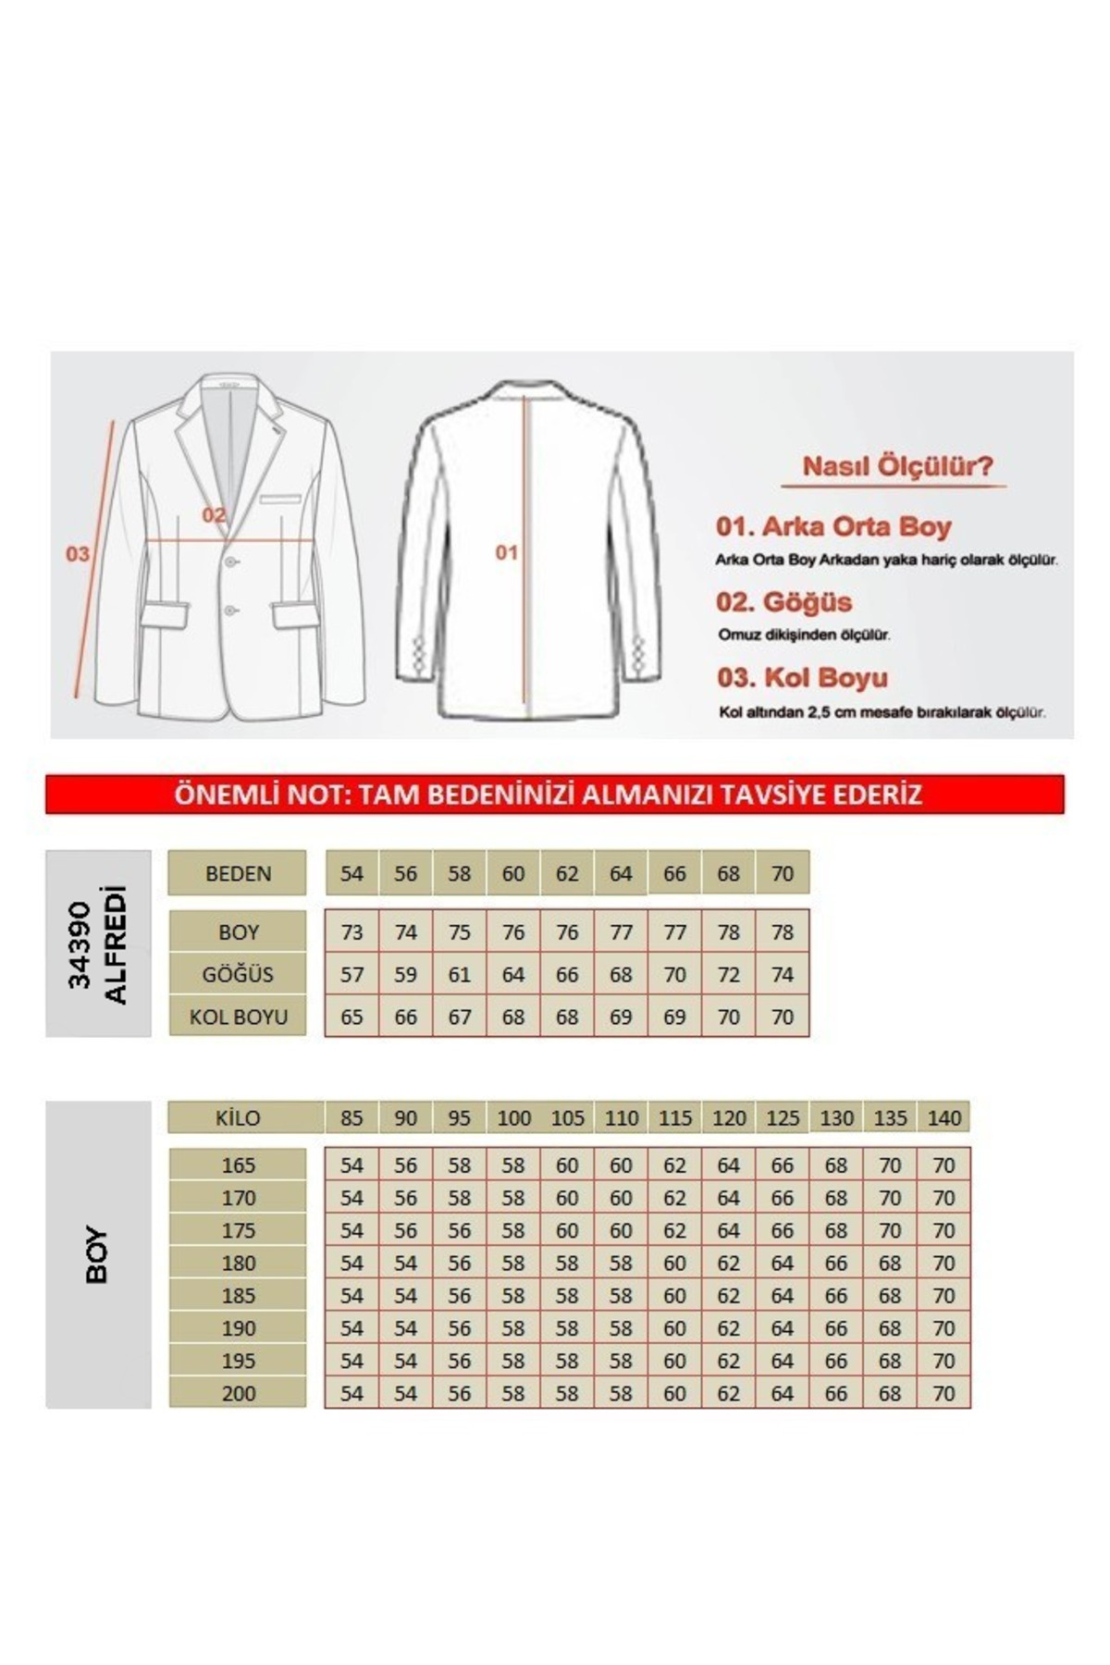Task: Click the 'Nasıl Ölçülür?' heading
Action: pyautogui.click(x=896, y=465)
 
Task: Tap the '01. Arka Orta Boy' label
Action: pyautogui.click(x=832, y=526)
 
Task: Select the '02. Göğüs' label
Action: pyautogui.click(x=783, y=602)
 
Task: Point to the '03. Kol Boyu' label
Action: pyautogui.click(x=802, y=677)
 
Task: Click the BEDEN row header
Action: pyautogui.click(x=238, y=873)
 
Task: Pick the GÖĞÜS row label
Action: pyautogui.click(x=238, y=974)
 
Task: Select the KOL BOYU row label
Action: pyautogui.click(x=238, y=1017)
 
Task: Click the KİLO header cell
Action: pyautogui.click(x=238, y=1117)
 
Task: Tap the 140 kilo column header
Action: pyautogui.click(x=943, y=1117)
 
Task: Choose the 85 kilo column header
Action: pyautogui.click(x=351, y=1117)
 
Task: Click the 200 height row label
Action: pyautogui.click(x=238, y=1393)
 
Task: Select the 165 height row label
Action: pyautogui.click(x=238, y=1165)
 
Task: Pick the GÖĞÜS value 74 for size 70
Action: pyautogui.click(x=783, y=974)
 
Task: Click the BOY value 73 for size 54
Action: pyautogui.click(x=351, y=932)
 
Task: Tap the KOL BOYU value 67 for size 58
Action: pyautogui.click(x=459, y=1017)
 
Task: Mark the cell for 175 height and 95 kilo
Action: pyautogui.click(x=459, y=1230)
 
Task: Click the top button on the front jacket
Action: pyautogui.click(x=230, y=561)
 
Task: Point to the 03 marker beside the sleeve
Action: pyautogui.click(x=78, y=553)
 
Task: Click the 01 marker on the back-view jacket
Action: pyautogui.click(x=506, y=552)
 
